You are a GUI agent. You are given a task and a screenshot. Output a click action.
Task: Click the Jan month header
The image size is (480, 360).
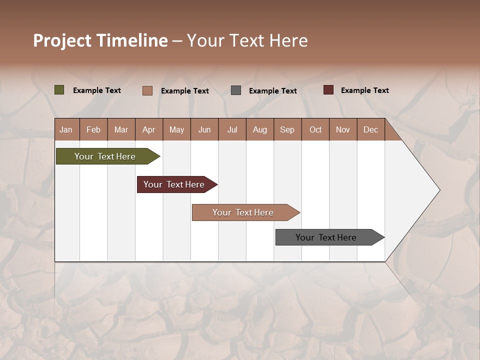click(66, 130)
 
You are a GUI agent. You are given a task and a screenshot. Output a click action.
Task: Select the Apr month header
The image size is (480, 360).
click(149, 130)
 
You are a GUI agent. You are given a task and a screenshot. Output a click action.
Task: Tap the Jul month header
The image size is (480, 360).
click(232, 130)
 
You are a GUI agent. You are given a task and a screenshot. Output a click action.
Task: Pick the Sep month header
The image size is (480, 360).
click(287, 130)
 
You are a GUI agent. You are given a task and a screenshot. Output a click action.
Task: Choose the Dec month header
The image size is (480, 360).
click(371, 130)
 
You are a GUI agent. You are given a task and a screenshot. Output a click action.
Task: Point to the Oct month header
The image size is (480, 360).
click(315, 130)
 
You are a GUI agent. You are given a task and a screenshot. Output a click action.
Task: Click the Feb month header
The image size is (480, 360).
click(93, 130)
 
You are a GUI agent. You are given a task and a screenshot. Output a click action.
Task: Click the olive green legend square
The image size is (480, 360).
click(59, 90)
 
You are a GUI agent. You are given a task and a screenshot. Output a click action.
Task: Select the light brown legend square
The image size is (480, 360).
click(147, 90)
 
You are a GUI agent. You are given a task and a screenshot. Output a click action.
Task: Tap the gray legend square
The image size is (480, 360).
click(236, 90)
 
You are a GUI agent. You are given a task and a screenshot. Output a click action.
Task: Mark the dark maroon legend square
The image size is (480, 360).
click(328, 90)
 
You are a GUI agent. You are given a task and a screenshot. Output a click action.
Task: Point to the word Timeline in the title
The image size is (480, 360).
click(132, 40)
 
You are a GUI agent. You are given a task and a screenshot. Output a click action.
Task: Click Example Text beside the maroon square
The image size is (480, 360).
click(365, 90)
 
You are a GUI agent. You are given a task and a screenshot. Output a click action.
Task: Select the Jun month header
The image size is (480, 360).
click(204, 130)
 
